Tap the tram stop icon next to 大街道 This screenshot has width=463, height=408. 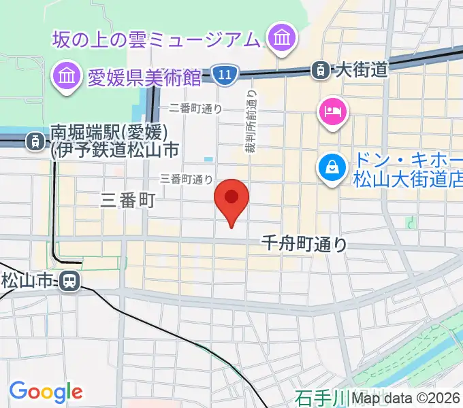[x=319, y=69]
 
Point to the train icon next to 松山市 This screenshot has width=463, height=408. [x=69, y=280]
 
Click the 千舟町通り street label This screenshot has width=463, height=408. [x=305, y=243]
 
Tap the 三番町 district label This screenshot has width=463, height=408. [x=128, y=200]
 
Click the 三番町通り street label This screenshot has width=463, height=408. [x=186, y=180]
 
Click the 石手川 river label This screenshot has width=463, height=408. [x=321, y=397]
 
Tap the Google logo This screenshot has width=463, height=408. [x=46, y=391]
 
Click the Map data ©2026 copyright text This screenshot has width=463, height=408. [x=406, y=398]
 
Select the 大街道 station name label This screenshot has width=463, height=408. [x=362, y=69]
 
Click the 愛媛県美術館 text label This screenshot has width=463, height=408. [x=145, y=78]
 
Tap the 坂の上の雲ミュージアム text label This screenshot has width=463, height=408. [x=157, y=40]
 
